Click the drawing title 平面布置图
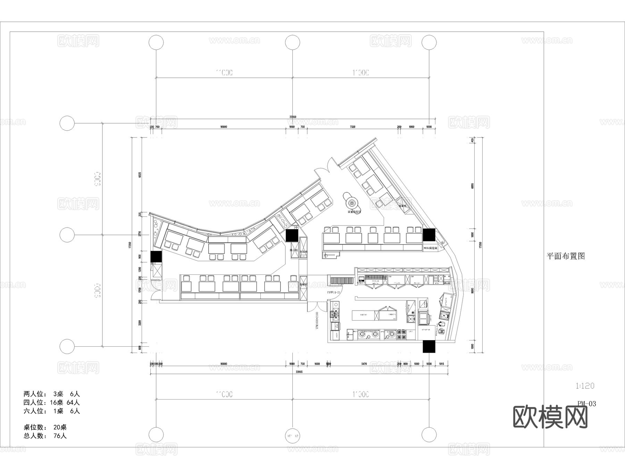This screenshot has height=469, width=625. point(566,256)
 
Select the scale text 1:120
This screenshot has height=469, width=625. point(585,386)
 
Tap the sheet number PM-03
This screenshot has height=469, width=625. point(586,403)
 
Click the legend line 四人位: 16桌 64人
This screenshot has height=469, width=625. point(52,403)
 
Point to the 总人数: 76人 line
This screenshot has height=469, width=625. point(45,436)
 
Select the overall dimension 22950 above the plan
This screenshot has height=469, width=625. point(293,117)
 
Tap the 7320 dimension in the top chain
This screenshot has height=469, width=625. point(352,127)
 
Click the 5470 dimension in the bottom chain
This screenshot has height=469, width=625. point(364,364)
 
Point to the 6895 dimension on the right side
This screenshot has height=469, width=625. point(473,186)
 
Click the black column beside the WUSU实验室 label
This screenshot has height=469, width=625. point(429,235)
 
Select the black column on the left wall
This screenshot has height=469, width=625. point(156,257)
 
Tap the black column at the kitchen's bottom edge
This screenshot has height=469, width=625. point(429,346)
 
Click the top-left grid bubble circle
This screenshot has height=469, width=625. point(156,43)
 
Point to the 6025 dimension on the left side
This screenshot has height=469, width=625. point(140,175)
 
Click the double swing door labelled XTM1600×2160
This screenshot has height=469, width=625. point(317,307)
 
